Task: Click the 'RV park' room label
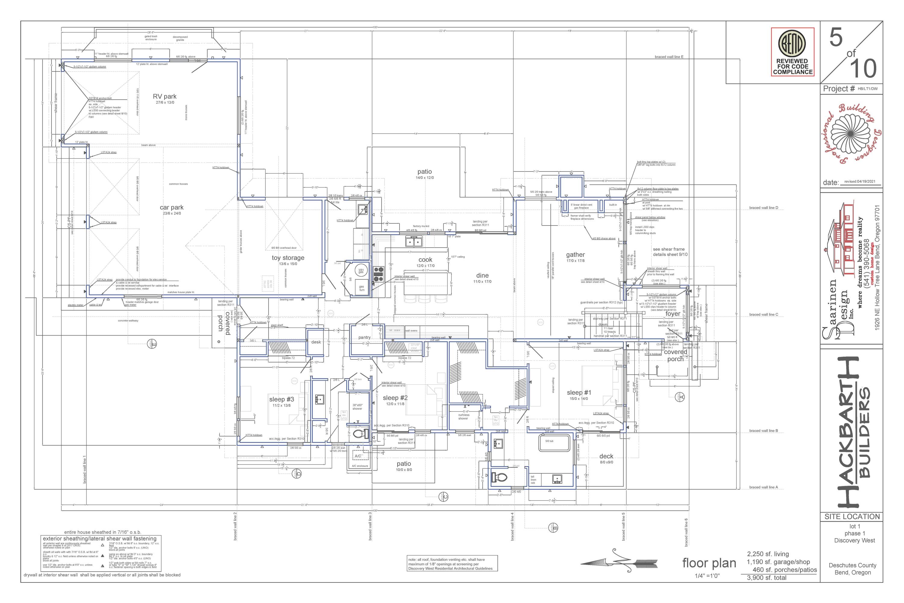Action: click(x=165, y=96)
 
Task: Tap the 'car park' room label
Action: click(x=171, y=208)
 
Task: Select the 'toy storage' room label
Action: click(x=288, y=258)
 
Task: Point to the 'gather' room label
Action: click(x=575, y=254)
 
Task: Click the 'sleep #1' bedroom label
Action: click(x=579, y=393)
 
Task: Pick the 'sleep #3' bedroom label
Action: click(x=281, y=399)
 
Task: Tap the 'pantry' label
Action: click(x=364, y=337)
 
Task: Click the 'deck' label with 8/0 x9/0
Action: click(x=606, y=456)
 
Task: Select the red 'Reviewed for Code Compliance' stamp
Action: click(x=792, y=52)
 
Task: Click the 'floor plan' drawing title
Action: click(x=709, y=564)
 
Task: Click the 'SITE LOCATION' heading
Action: click(x=852, y=516)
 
